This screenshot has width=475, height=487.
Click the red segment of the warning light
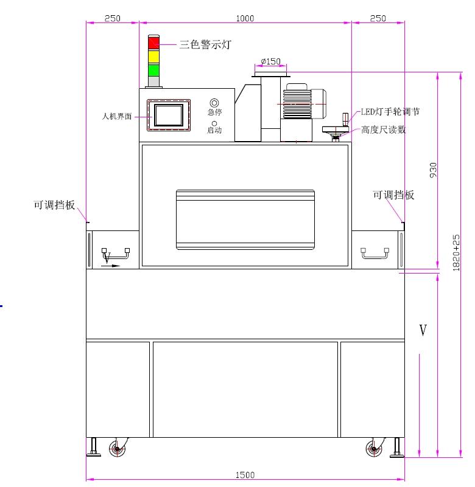click(153, 43)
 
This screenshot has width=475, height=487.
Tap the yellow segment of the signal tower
click(153, 56)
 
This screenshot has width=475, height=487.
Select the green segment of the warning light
click(153, 70)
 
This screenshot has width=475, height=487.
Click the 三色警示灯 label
click(205, 44)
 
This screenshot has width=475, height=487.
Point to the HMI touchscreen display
click(169, 116)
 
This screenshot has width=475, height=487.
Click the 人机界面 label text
click(117, 117)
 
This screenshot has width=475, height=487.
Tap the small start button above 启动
click(214, 123)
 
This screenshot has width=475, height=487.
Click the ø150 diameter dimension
click(270, 61)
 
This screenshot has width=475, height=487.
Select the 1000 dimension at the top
click(245, 18)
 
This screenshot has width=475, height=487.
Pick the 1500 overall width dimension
click(245, 475)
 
